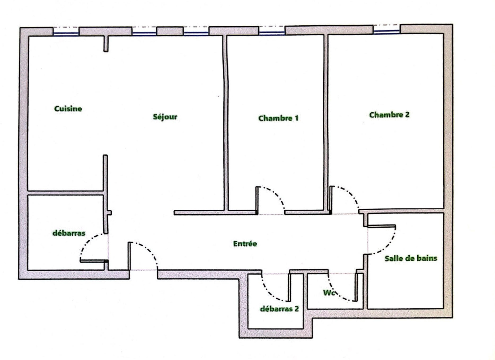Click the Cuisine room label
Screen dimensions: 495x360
(x=68, y=109)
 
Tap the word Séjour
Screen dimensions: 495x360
(x=165, y=117)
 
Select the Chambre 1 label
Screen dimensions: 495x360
(x=278, y=118)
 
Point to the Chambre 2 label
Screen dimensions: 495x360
(x=390, y=115)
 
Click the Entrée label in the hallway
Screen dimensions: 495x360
(x=245, y=244)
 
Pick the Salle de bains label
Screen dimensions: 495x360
(x=411, y=259)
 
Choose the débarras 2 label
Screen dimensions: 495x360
(x=280, y=309)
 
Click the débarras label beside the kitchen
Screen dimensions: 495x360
(x=69, y=233)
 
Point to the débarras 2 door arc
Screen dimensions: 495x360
(x=269, y=292)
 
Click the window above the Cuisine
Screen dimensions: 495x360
(x=66, y=34)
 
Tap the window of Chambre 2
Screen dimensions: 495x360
(x=386, y=32)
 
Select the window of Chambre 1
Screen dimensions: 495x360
(x=272, y=33)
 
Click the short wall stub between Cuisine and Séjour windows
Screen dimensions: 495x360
(x=106, y=44)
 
